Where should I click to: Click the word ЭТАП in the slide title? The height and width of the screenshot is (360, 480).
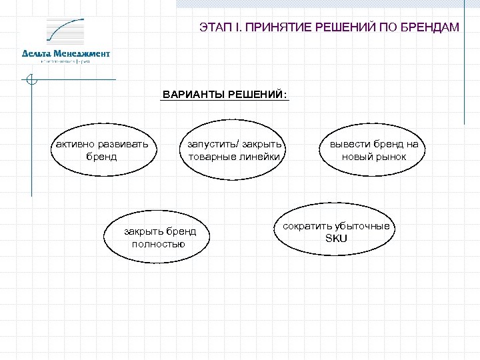tap(214, 27)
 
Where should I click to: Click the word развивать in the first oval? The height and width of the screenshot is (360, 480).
tap(127, 144)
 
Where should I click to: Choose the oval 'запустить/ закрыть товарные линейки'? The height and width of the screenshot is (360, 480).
tap(235, 151)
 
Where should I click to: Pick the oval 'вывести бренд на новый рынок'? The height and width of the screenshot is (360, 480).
tap(373, 151)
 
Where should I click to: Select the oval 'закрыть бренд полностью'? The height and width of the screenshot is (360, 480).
tap(158, 237)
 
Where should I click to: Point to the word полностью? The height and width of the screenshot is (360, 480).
tap(159, 244)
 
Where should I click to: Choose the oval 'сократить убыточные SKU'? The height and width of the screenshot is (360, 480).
tap(337, 232)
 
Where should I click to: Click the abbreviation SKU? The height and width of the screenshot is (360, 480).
tap(336, 239)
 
